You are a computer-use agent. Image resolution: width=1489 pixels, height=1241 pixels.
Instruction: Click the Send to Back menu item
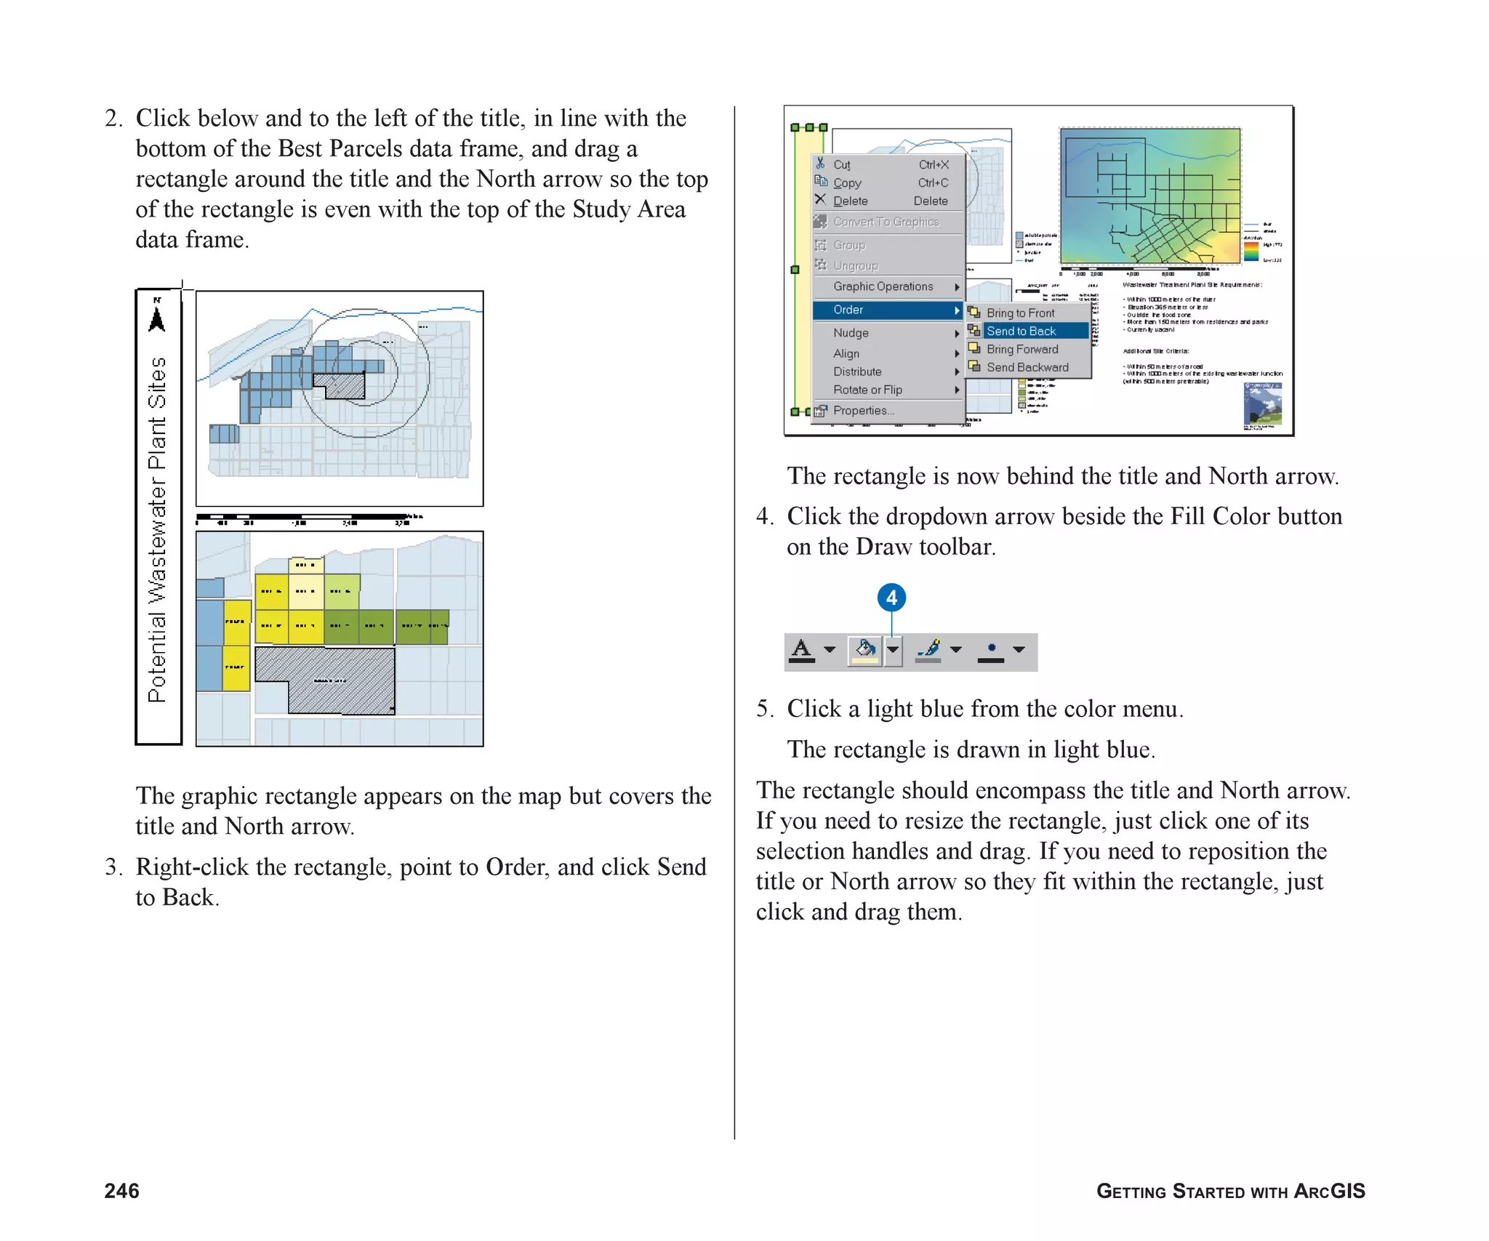click(x=1021, y=331)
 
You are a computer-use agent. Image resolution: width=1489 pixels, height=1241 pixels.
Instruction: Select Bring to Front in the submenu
click(x=1020, y=313)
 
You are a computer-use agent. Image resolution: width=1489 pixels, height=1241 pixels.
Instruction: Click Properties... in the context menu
click(x=863, y=411)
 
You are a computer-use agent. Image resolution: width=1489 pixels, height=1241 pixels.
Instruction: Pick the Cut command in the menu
click(x=841, y=165)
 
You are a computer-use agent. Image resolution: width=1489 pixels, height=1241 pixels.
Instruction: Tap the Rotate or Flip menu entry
click(x=867, y=390)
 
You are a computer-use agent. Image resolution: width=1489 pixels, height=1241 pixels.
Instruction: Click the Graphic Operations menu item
click(x=883, y=286)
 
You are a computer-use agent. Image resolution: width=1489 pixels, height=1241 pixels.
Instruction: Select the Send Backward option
click(x=1027, y=367)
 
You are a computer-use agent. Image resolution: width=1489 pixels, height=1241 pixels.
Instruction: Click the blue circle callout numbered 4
click(x=891, y=598)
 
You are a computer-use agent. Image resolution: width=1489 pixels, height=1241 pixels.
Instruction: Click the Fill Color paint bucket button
click(x=864, y=649)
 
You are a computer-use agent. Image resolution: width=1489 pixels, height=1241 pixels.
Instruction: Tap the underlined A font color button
click(x=802, y=649)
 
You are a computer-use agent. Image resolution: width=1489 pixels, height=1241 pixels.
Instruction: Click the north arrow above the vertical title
click(x=157, y=316)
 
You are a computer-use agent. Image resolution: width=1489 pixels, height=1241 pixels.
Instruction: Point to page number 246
click(x=121, y=1190)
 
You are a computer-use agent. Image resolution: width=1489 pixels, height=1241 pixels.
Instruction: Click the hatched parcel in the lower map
click(x=342, y=680)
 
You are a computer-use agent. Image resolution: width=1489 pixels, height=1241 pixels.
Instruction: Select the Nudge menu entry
click(x=851, y=333)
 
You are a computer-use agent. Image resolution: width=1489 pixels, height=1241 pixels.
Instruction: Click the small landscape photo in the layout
click(x=1262, y=404)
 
